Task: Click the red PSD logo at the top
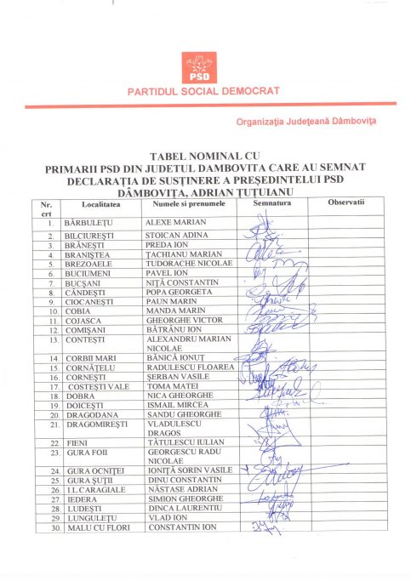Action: (204, 67)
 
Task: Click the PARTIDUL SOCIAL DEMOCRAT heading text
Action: (205, 90)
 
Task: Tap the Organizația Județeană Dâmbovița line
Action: (307, 122)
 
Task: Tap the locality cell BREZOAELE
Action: (89, 265)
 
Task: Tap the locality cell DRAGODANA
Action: (89, 414)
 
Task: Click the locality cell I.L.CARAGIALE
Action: (96, 490)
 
